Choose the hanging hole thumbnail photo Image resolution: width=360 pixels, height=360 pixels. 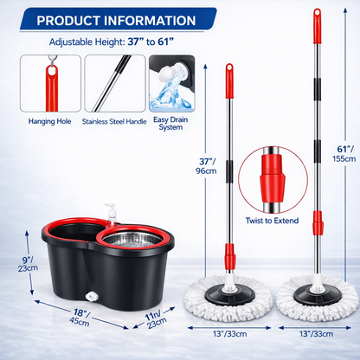[45, 85]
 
